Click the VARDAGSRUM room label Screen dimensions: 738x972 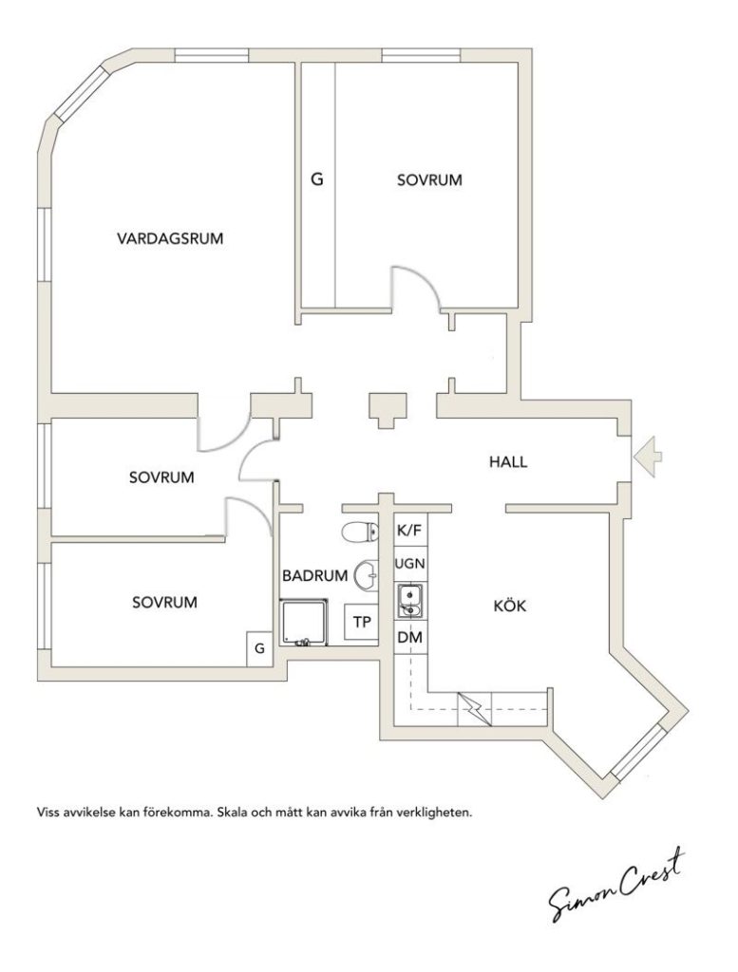170,238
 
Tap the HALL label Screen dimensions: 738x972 508,462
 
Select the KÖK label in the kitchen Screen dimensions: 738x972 510,606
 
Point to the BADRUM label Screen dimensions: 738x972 315,576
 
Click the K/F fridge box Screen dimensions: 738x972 409,531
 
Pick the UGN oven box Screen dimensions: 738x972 410,564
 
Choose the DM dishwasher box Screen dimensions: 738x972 410,637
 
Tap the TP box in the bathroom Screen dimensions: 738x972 362,622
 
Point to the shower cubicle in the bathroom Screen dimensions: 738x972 304,622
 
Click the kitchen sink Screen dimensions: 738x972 410,601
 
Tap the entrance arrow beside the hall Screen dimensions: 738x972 648,457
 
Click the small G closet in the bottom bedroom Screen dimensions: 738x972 260,648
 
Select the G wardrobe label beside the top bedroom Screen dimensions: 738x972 317,179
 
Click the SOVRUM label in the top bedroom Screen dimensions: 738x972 429,180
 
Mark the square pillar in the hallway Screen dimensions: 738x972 388,408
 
